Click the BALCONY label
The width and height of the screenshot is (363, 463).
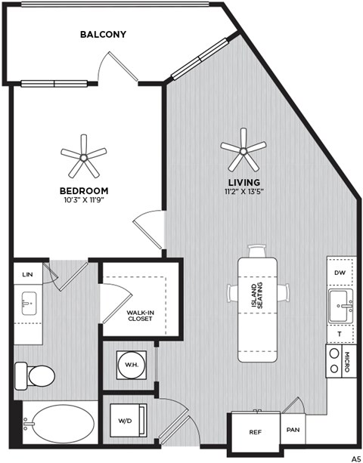104,34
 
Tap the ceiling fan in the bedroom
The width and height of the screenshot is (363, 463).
83,156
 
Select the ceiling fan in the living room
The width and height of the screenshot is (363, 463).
243,150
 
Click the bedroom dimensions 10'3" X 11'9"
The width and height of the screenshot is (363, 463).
83,200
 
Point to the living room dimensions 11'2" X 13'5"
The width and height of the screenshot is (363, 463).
244,193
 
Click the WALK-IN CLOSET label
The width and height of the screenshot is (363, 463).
140,315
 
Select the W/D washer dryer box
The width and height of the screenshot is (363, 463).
126,421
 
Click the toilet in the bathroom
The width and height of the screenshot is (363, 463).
35,374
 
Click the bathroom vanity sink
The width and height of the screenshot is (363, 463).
28,307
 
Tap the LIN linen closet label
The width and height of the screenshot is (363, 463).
27,274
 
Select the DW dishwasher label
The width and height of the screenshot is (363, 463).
340,271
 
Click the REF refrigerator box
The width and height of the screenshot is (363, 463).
255,433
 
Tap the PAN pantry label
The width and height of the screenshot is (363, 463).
293,431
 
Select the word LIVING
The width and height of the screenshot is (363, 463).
244,183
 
